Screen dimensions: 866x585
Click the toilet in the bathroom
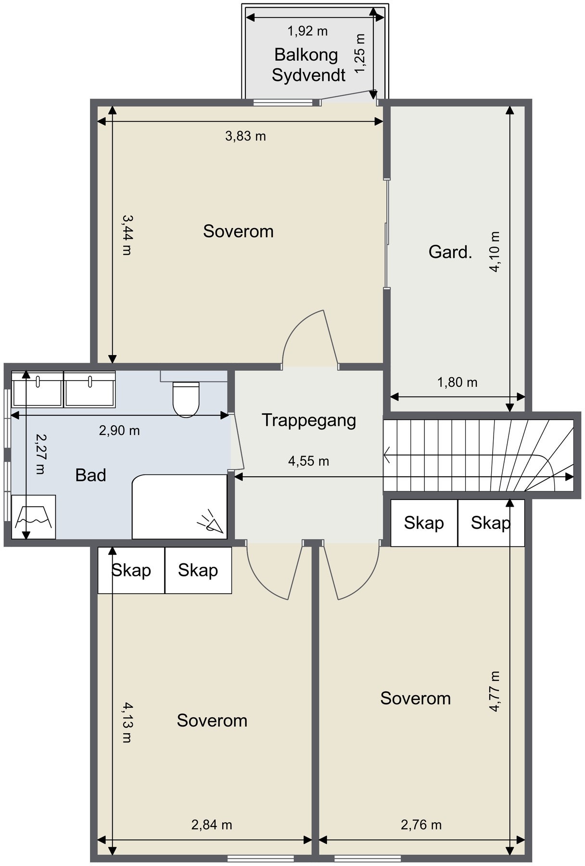(186, 399)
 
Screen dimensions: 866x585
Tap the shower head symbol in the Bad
(211, 522)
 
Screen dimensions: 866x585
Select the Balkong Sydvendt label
(308, 65)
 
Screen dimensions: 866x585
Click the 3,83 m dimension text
(245, 136)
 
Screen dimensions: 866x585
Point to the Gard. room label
(450, 252)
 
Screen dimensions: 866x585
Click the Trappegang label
(309, 420)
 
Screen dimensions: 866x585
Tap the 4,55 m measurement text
(308, 461)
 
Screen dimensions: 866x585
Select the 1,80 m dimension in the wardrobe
(457, 382)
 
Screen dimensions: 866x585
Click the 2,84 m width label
(212, 825)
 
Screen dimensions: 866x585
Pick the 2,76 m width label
(421, 825)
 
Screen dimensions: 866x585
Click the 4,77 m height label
(495, 691)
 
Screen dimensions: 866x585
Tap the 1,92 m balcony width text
(307, 31)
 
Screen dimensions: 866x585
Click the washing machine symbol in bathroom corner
(33, 517)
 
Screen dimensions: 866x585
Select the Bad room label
(90, 475)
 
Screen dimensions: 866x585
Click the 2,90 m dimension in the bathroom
(119, 431)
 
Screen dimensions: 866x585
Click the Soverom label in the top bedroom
(238, 231)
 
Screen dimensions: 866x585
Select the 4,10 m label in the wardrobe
(495, 252)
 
